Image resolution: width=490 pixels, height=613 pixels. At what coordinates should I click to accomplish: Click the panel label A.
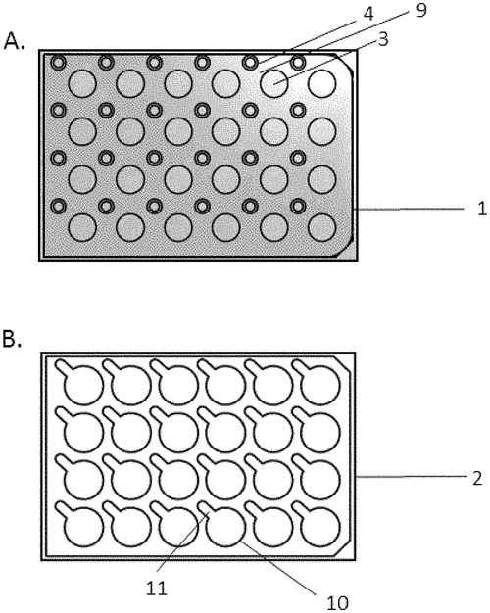pyautogui.click(x=14, y=41)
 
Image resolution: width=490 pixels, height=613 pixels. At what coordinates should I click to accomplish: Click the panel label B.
pyautogui.click(x=12, y=339)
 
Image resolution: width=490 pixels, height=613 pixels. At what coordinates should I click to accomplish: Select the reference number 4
pyautogui.click(x=368, y=14)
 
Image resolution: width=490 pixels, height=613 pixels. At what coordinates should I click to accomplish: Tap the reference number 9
pyautogui.click(x=420, y=10)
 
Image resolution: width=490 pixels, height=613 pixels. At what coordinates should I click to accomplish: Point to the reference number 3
pyautogui.click(x=383, y=39)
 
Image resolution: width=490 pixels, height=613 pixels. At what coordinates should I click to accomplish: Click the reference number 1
pyautogui.click(x=482, y=209)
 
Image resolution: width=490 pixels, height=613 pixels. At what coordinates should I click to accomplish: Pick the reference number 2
pyautogui.click(x=477, y=478)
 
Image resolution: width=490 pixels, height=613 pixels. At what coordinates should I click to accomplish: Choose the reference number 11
pyautogui.click(x=157, y=588)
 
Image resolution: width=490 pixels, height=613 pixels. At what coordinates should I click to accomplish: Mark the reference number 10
pyautogui.click(x=337, y=603)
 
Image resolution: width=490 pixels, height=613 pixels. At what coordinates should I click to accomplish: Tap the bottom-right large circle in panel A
pyautogui.click(x=321, y=227)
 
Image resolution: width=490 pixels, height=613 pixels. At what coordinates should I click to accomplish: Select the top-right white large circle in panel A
pyautogui.click(x=321, y=83)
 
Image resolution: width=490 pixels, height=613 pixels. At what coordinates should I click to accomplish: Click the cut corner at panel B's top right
pyautogui.click(x=342, y=364)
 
